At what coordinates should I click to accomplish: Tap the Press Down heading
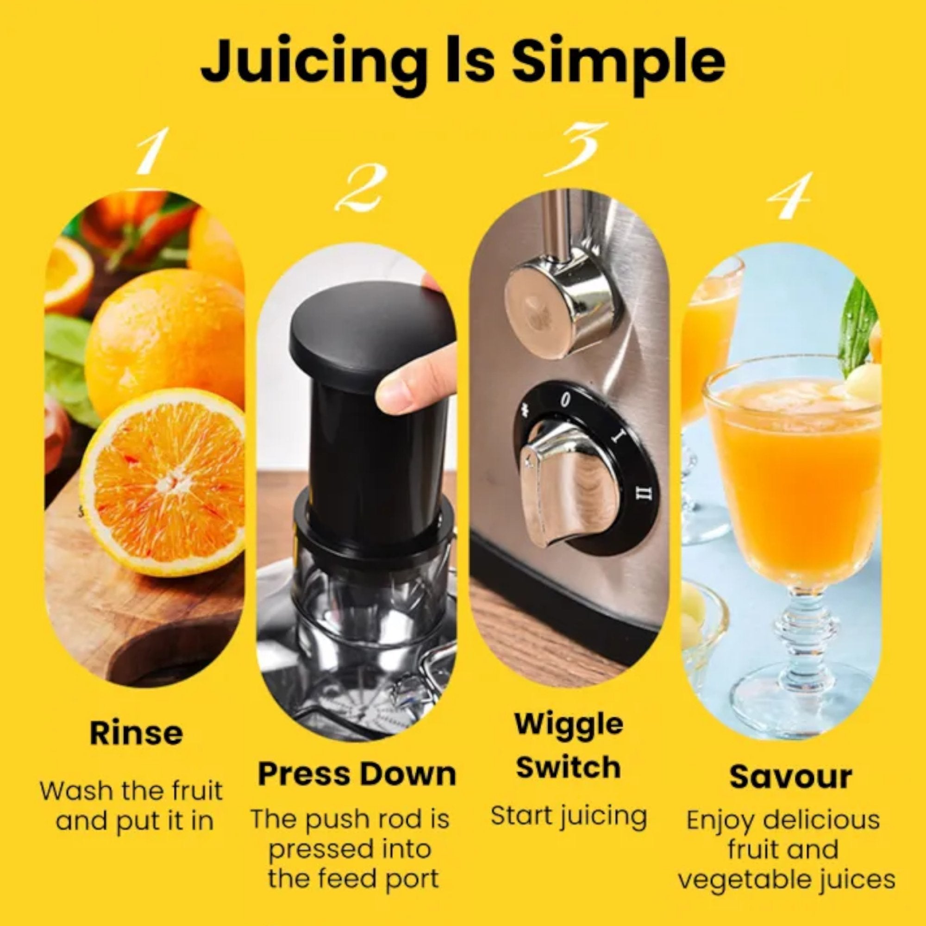357,774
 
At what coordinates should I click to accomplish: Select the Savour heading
790,777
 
